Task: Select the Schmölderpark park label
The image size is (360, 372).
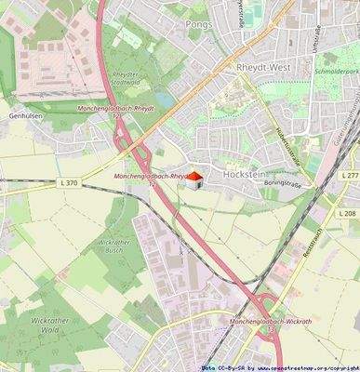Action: (334, 95)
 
